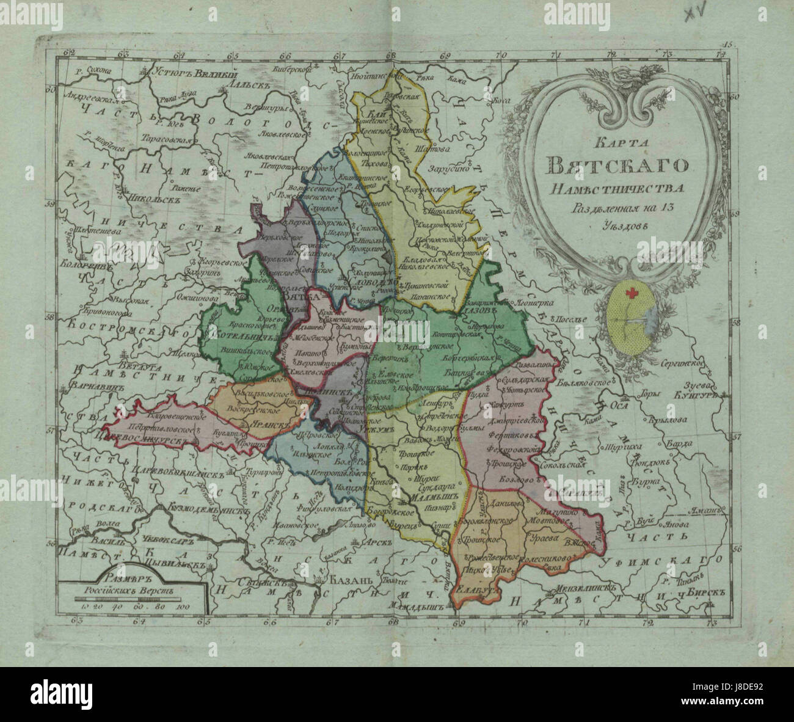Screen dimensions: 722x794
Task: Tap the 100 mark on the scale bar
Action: pos(183,606)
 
